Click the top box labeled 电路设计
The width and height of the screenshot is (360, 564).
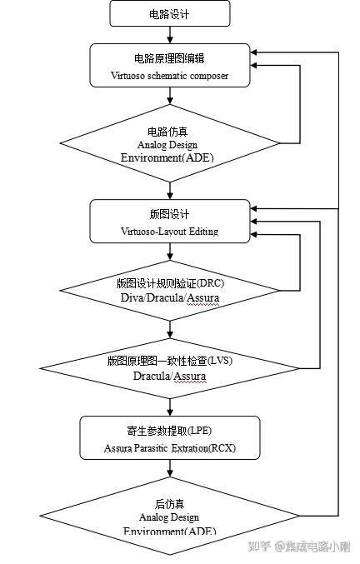click(x=170, y=12)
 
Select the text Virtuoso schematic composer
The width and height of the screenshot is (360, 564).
click(x=170, y=75)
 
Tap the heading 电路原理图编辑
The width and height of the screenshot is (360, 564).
click(x=170, y=58)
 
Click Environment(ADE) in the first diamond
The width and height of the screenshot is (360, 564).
click(x=170, y=157)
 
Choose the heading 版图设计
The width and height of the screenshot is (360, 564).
click(x=170, y=214)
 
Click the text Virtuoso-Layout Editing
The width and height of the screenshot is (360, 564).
click(x=170, y=232)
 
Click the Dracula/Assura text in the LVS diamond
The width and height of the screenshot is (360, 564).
click(x=170, y=376)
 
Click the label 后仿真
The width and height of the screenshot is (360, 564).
click(x=170, y=504)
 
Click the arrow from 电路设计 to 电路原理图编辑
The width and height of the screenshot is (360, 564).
click(x=170, y=34)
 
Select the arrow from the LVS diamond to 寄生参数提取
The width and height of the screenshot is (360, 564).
click(x=170, y=407)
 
